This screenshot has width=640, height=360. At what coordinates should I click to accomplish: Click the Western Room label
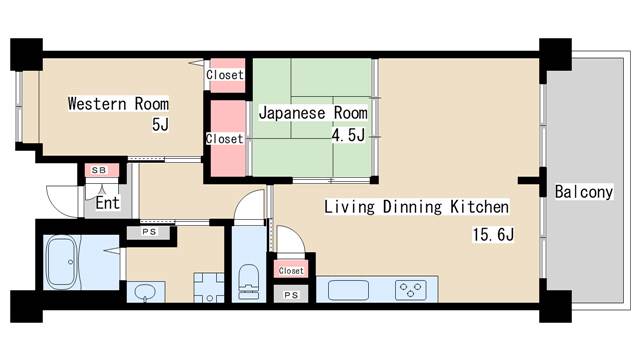click(x=117, y=103)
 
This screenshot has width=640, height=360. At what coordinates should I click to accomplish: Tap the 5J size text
click(x=159, y=125)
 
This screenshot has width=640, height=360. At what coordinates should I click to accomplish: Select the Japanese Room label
click(x=312, y=113)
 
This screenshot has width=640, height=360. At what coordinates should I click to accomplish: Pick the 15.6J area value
click(x=492, y=236)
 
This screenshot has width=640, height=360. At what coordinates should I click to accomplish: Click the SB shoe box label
click(x=99, y=171)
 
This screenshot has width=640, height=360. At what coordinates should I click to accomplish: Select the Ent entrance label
click(x=108, y=203)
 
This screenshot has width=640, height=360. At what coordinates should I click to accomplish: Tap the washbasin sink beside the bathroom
click(x=145, y=292)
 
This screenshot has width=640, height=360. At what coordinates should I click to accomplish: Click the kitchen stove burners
click(x=409, y=290)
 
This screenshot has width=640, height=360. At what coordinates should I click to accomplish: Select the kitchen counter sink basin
click(x=349, y=291)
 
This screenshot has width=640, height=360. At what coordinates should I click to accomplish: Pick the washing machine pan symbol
click(x=206, y=289)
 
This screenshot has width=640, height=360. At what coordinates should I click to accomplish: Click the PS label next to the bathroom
click(x=149, y=232)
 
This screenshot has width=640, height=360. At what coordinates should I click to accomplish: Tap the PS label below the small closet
click(x=291, y=295)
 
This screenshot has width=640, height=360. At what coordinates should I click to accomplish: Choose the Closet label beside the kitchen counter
click(x=291, y=270)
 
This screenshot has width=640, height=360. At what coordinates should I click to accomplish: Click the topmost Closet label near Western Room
click(x=224, y=74)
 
